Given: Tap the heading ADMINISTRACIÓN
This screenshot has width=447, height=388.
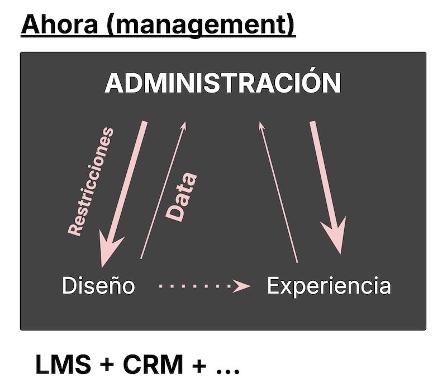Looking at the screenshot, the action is coord(223,84).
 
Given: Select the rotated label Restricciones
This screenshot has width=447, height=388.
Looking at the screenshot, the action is coord(91,181).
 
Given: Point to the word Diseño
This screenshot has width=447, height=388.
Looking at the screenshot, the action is coord(98,286).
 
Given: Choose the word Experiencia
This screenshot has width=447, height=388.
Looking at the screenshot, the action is coord(329,286).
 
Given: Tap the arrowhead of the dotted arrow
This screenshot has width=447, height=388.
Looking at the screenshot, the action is coord(243,286).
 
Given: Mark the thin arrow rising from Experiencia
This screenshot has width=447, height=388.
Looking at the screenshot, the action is coord(278,190).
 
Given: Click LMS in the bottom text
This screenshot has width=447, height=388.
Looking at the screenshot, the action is coord(62,365).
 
